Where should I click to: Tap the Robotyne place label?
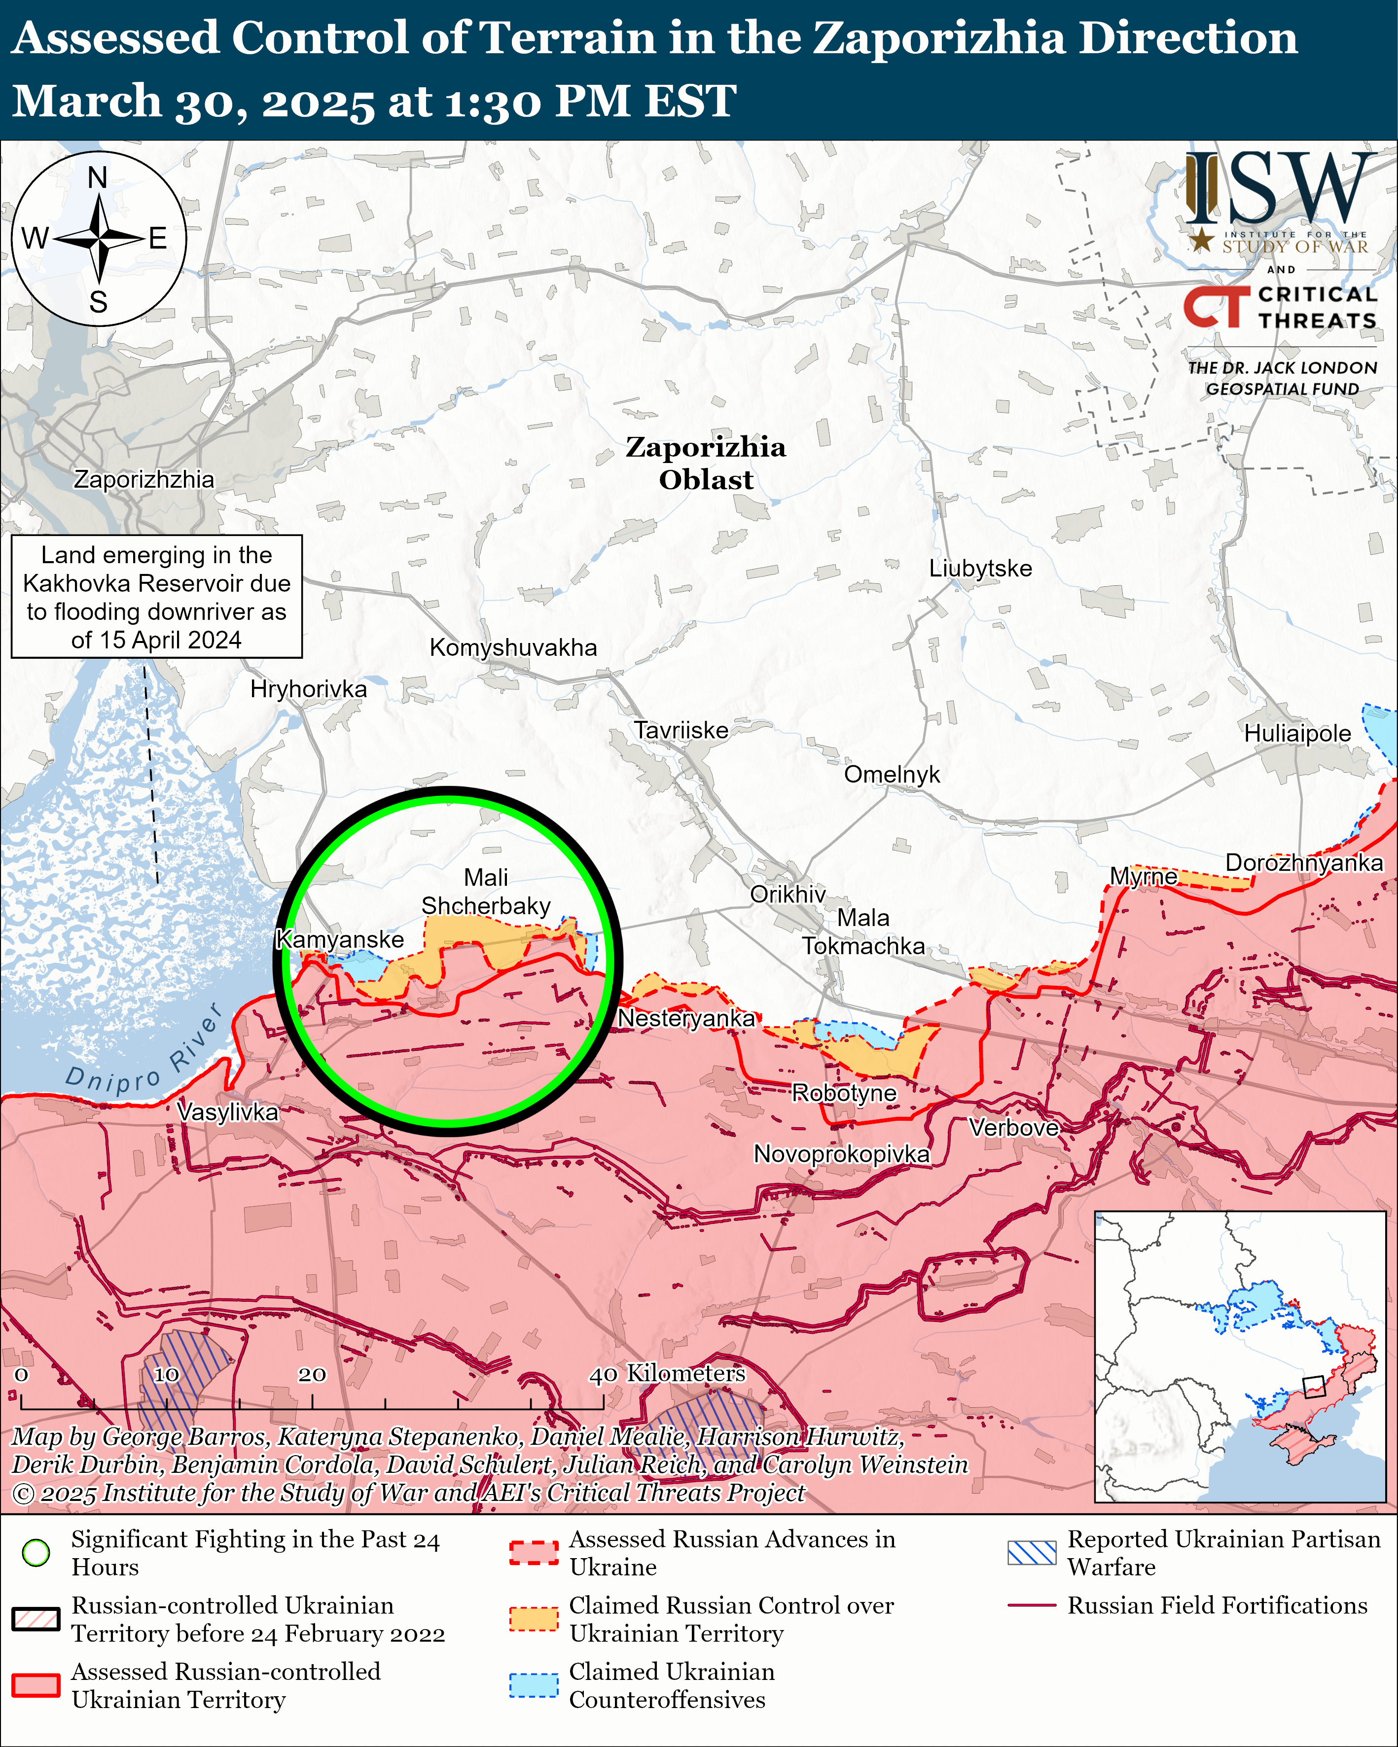(844, 1093)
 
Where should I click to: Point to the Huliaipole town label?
(1297, 733)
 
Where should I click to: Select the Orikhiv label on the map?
(787, 894)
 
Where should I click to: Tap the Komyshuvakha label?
(513, 647)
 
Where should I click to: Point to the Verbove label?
(1014, 1127)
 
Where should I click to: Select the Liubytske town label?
(980, 568)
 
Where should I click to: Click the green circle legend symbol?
(36, 1553)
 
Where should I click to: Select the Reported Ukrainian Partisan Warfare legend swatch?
(1032, 1553)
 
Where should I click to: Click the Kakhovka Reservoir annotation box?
(156, 596)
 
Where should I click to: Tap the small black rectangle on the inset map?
(1313, 1387)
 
